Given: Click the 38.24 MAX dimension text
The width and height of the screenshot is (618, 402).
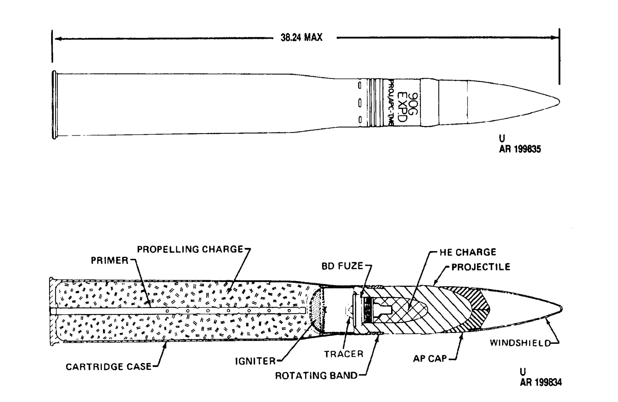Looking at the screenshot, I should point(301,38).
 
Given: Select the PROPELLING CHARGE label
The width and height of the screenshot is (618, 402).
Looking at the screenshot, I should point(190,249).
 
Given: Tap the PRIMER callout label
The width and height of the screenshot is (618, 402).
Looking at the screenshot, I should point(109,260).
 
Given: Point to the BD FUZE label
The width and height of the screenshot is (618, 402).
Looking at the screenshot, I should point(342,266).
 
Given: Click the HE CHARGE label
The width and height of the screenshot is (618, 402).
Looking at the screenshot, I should point(468,252).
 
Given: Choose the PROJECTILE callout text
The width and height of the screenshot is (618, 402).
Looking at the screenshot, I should point(481,267).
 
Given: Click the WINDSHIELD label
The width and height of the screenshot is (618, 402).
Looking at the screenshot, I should point(520,343).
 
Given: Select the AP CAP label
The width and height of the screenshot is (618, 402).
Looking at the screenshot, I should point(430,359).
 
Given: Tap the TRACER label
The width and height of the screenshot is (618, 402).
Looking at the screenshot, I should point(343,354).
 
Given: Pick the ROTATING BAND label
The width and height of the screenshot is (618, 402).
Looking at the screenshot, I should point(316,376).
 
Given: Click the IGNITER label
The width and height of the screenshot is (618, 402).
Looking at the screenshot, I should point(255,361).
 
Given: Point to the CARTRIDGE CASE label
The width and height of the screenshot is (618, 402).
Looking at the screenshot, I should point(108,367).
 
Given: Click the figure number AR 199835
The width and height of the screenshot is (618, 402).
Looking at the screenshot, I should point(520,149).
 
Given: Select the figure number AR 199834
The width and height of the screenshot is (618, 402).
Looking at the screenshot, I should point(541,382).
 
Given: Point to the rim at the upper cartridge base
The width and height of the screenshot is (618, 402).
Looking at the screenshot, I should point(54,105).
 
